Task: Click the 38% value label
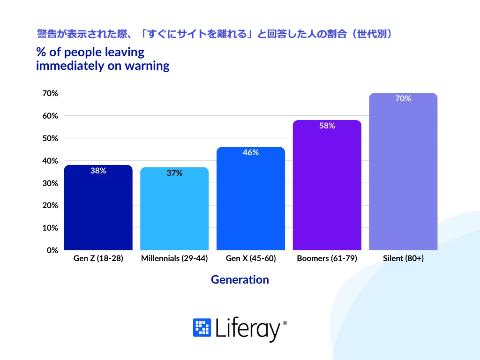tap(98, 171)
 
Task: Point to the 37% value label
tap(174, 173)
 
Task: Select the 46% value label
tap(251, 153)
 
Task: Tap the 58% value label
tap(327, 126)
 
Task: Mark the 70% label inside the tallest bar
tap(403, 99)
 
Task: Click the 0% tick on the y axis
tap(52, 250)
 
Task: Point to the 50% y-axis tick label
tap(51, 138)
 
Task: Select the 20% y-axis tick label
tap(51, 205)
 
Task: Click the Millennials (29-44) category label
tap(174, 258)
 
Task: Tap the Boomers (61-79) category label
tap(327, 258)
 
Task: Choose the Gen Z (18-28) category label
tap(98, 258)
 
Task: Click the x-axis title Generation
tap(240, 280)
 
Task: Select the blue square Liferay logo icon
tap(202, 328)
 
